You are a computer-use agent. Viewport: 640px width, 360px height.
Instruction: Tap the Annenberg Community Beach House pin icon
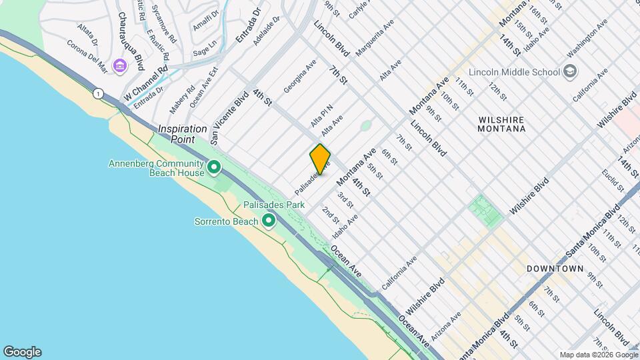(x=214, y=167)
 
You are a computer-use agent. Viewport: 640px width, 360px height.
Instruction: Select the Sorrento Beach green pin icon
(x=269, y=220)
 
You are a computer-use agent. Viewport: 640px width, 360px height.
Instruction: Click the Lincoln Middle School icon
(x=571, y=71)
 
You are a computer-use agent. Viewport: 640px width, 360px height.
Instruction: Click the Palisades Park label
(x=273, y=205)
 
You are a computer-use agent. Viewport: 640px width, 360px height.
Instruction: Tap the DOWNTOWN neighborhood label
(x=555, y=269)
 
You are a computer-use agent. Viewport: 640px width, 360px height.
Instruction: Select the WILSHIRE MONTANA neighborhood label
(x=502, y=123)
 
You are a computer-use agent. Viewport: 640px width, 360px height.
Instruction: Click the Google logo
(x=22, y=352)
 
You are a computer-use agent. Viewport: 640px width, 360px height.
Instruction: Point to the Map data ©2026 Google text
(x=598, y=354)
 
